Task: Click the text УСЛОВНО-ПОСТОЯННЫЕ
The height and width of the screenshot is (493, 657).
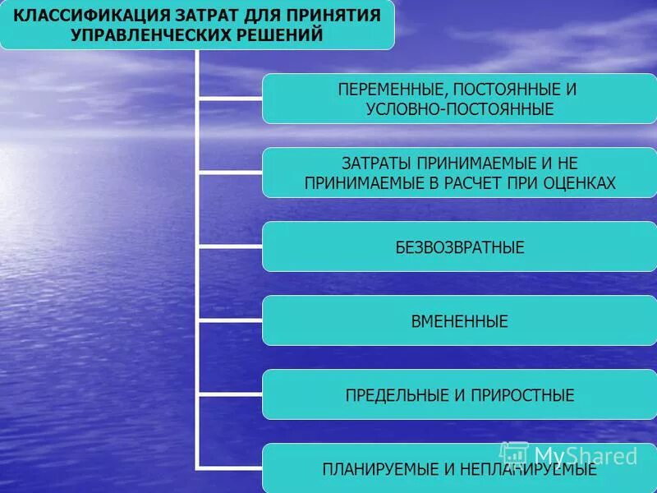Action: pyautogui.click(x=459, y=108)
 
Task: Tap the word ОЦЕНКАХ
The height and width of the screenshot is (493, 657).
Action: pyautogui.click(x=579, y=183)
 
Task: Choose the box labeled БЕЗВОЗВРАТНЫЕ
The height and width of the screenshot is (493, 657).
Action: pyautogui.click(x=459, y=246)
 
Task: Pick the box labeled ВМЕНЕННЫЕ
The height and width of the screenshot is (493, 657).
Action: pyautogui.click(x=459, y=320)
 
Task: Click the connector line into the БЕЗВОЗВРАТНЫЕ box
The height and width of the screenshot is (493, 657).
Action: pyautogui.click(x=230, y=246)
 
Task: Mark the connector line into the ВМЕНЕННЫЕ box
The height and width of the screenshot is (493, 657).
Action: pyautogui.click(x=230, y=320)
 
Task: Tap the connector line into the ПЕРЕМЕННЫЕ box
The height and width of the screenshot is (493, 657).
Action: pyautogui.click(x=230, y=99)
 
